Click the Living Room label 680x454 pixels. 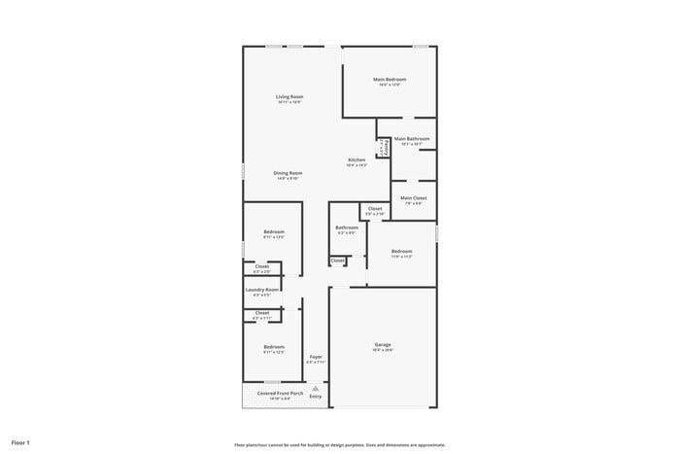[x=289, y=96]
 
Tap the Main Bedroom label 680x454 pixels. [x=389, y=79]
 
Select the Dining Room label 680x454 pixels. [x=288, y=173]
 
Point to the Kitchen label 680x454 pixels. [x=357, y=159]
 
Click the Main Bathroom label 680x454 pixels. [x=412, y=139]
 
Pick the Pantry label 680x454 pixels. [x=386, y=148]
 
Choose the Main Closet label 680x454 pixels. [x=413, y=197]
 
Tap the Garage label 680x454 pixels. [x=383, y=345]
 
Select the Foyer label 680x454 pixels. [x=316, y=357]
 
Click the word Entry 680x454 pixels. [x=316, y=397]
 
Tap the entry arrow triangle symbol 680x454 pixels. [x=316, y=387]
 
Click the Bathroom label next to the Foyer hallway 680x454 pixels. [x=347, y=227]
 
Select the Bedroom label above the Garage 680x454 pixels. [x=402, y=251]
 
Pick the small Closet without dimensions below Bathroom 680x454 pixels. [x=337, y=261]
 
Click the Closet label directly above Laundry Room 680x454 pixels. [x=262, y=265]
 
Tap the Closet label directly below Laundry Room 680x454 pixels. [x=262, y=312]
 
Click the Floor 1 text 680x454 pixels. [x=21, y=442]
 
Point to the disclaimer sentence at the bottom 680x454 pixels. [x=339, y=442]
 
